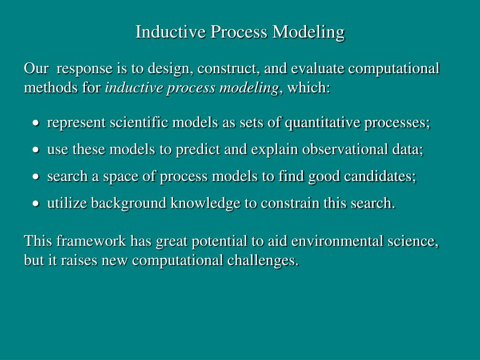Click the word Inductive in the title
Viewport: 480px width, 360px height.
pos(170,31)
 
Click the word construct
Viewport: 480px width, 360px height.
pos(229,68)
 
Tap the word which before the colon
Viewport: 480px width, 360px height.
pos(307,88)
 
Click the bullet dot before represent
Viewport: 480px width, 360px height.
pos(36,123)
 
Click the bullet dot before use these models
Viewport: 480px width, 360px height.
pos(36,150)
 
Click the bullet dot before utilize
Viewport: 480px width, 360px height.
pos(36,203)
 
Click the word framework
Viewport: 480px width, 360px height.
pos(91,240)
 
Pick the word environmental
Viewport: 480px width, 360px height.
pos(337,241)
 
